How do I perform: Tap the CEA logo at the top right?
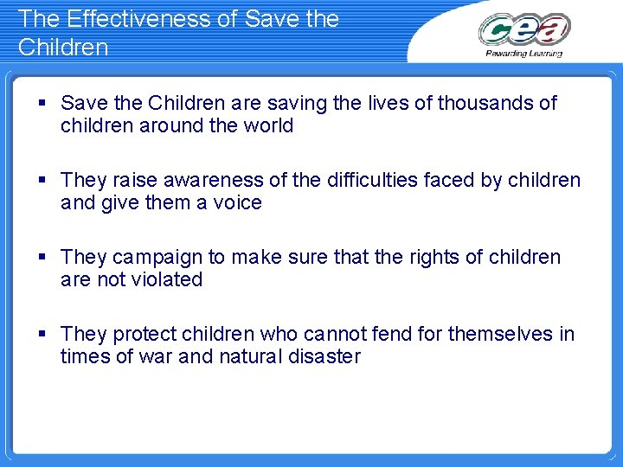(x=524, y=30)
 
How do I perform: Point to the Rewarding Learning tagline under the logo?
(x=524, y=53)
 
